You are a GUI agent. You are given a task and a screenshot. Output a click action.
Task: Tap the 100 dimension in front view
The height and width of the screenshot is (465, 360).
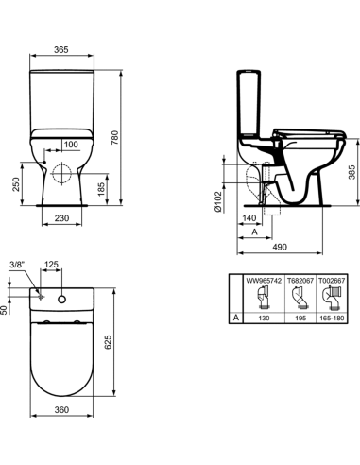pyautogui.click(x=71, y=145)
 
